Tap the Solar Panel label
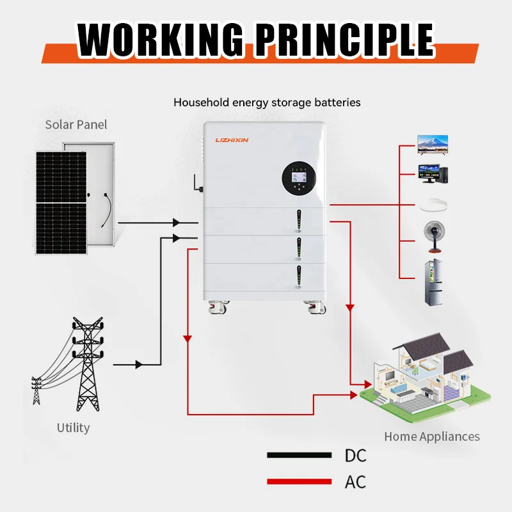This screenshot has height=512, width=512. [x=76, y=124]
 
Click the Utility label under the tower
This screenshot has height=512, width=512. [x=73, y=428]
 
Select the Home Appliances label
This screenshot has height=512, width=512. [x=431, y=436]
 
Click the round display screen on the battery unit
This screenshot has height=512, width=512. [x=300, y=177]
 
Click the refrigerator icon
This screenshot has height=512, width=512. [x=435, y=282]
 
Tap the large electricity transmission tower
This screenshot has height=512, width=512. [x=86, y=365]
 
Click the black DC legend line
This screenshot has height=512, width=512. [x=299, y=455]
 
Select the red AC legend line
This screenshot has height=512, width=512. [x=299, y=481]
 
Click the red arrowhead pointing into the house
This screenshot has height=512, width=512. [x=367, y=385]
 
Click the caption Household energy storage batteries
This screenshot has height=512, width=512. [x=267, y=102]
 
